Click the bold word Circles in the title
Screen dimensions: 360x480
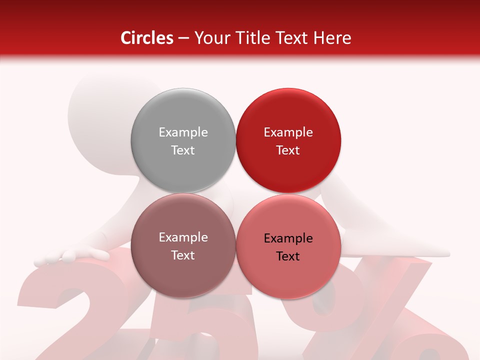[x=146, y=38]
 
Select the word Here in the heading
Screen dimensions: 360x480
[x=332, y=38]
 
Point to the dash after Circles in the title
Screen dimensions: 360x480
[x=183, y=38]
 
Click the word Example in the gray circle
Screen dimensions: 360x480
[x=183, y=132]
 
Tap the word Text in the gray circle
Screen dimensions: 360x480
[x=183, y=150]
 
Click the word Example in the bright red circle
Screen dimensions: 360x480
[x=288, y=132]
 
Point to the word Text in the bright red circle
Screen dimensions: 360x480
[x=288, y=150]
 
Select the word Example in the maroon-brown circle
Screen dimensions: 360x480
[x=183, y=237]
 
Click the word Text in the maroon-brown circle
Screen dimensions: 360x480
[x=183, y=255]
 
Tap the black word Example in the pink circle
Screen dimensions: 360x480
[x=288, y=238]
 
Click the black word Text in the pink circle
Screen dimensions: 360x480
[x=288, y=256]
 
